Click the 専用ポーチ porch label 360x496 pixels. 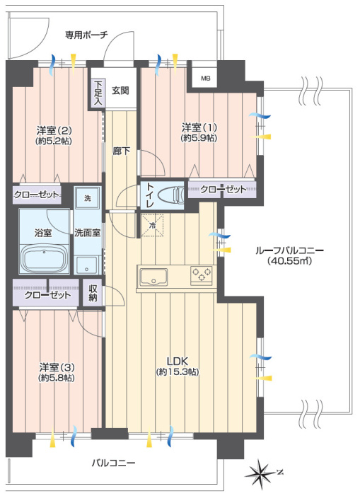tap(86, 34)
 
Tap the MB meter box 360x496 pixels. tap(205, 78)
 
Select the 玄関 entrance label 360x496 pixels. tap(120, 91)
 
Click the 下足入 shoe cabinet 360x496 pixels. tap(99, 93)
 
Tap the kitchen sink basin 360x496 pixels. tap(153, 277)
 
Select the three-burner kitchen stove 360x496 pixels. tap(202, 275)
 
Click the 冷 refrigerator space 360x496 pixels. tap(152, 226)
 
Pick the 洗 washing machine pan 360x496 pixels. tap(88, 198)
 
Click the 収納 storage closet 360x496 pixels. tap(93, 293)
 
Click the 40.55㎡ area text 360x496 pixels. tap(289, 261)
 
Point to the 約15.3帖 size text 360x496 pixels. tap(178, 372)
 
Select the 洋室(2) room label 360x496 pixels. tap(54, 130)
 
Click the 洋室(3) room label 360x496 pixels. tap(57, 367)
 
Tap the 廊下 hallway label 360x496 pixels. tap(122, 151)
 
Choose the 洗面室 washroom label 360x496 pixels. tap(88, 233)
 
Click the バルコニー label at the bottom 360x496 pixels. tap(113, 463)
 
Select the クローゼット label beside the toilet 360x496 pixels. tap(223, 189)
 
